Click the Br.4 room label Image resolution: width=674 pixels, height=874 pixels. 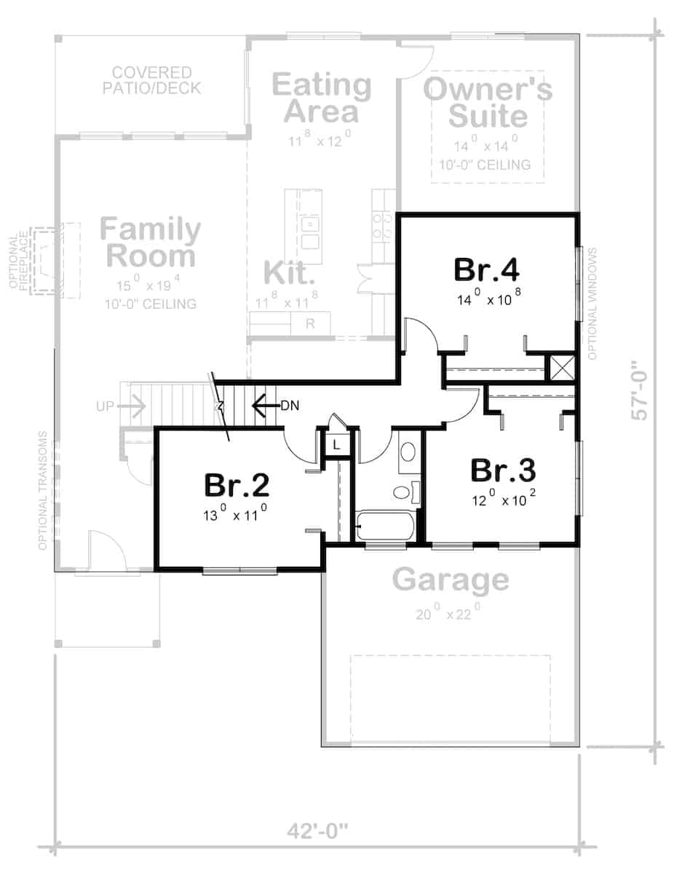(485, 269)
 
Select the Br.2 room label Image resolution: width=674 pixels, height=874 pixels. (237, 485)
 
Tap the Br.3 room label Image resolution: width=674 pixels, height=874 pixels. (503, 471)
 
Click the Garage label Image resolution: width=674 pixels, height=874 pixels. (451, 580)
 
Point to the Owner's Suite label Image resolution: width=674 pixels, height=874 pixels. (488, 103)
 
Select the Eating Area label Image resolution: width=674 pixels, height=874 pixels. (321, 98)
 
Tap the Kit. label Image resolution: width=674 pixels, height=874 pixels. (289, 272)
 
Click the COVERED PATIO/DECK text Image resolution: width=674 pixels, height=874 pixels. (152, 81)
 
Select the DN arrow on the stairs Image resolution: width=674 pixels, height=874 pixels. (265, 406)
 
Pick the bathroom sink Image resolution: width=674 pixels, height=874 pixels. (408, 452)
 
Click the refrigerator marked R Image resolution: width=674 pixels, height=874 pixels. (310, 323)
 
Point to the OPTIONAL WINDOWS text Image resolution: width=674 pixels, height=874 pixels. (592, 304)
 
